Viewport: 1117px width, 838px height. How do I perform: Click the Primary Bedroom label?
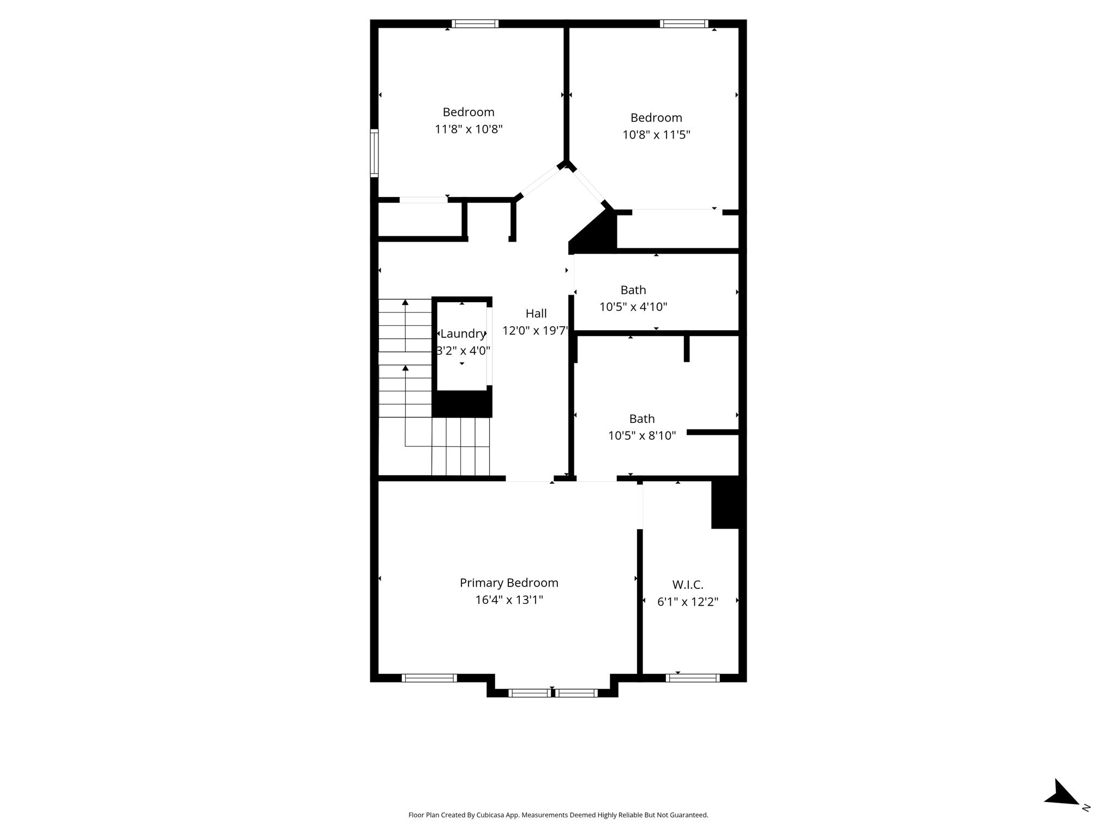pyautogui.click(x=509, y=583)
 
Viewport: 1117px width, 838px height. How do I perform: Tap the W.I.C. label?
pyautogui.click(x=688, y=584)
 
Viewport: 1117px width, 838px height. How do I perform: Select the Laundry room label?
pyautogui.click(x=463, y=334)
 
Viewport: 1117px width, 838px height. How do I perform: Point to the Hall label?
pyautogui.click(x=536, y=313)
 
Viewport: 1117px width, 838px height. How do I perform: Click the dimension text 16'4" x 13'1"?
pyautogui.click(x=509, y=600)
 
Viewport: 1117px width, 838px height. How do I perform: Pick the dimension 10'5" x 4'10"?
pyautogui.click(x=633, y=307)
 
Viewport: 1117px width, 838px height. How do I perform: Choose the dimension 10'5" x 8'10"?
pyautogui.click(x=642, y=435)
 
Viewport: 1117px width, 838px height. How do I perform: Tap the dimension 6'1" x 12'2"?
pyautogui.click(x=688, y=602)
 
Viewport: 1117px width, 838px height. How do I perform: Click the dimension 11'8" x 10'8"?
pyautogui.click(x=469, y=129)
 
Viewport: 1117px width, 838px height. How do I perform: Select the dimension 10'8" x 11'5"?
pyautogui.click(x=657, y=135)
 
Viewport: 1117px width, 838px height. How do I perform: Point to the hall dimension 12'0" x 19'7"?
pyautogui.click(x=535, y=331)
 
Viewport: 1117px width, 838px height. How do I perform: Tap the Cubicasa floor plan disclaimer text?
pyautogui.click(x=558, y=815)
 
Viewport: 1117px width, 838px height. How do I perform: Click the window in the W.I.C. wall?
pyautogui.click(x=693, y=678)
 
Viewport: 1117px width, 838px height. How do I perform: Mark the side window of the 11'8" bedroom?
pyautogui.click(x=374, y=153)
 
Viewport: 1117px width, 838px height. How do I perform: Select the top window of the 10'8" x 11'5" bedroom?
pyautogui.click(x=684, y=23)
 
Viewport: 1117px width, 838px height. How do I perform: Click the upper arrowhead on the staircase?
pyautogui.click(x=405, y=302)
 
